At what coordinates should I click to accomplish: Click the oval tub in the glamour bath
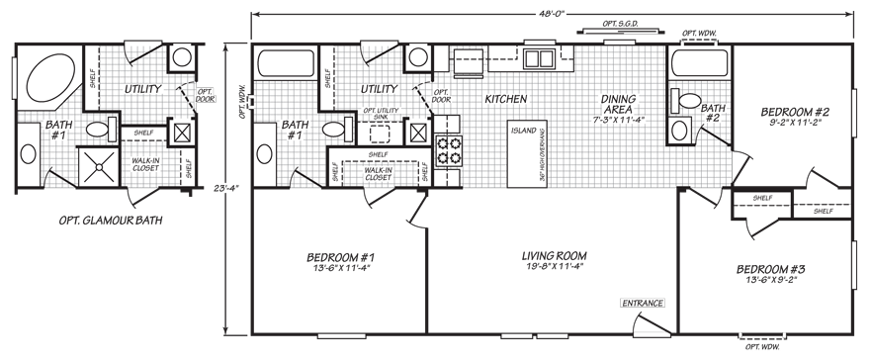point(45,79)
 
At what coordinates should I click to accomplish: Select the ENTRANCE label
point(642,303)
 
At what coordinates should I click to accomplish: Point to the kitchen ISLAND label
point(522,130)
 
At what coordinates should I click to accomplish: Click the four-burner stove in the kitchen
point(448,151)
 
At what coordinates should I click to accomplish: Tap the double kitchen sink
point(539,58)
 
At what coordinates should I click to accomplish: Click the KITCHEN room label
point(504,99)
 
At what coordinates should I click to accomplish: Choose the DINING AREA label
point(620,104)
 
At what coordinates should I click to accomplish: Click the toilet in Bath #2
point(683,99)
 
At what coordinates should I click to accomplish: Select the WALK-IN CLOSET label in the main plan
point(377,174)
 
